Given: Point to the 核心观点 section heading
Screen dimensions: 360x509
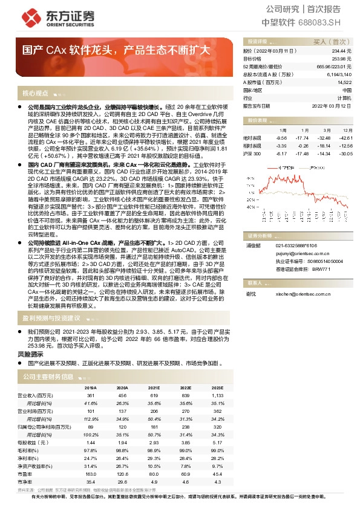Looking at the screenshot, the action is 35,93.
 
